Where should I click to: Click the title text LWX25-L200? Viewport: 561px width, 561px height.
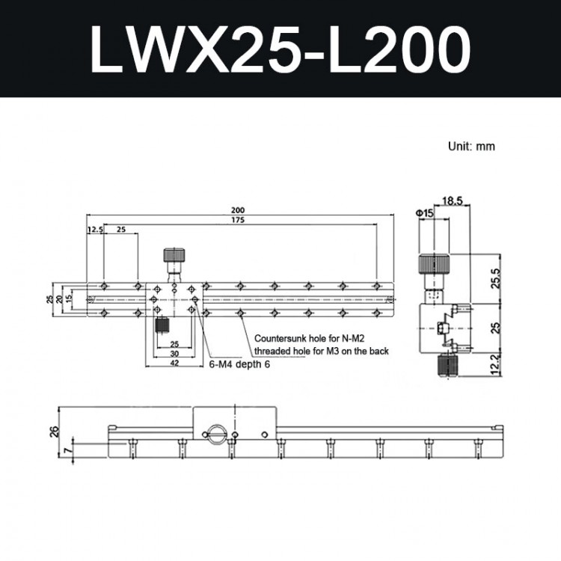coord(280,49)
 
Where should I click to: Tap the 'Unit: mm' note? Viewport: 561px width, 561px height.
coord(471,147)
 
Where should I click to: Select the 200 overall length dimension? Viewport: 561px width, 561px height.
coord(238,210)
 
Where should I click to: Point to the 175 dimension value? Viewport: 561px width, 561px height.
coord(238,220)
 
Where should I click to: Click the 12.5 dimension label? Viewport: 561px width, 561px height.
coord(95,230)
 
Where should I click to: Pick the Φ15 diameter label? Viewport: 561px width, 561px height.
coord(425,213)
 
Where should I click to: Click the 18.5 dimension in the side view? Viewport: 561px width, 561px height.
coord(453,201)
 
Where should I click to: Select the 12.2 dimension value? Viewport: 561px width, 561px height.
coord(496,364)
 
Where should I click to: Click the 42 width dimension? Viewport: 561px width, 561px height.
coord(174,363)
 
